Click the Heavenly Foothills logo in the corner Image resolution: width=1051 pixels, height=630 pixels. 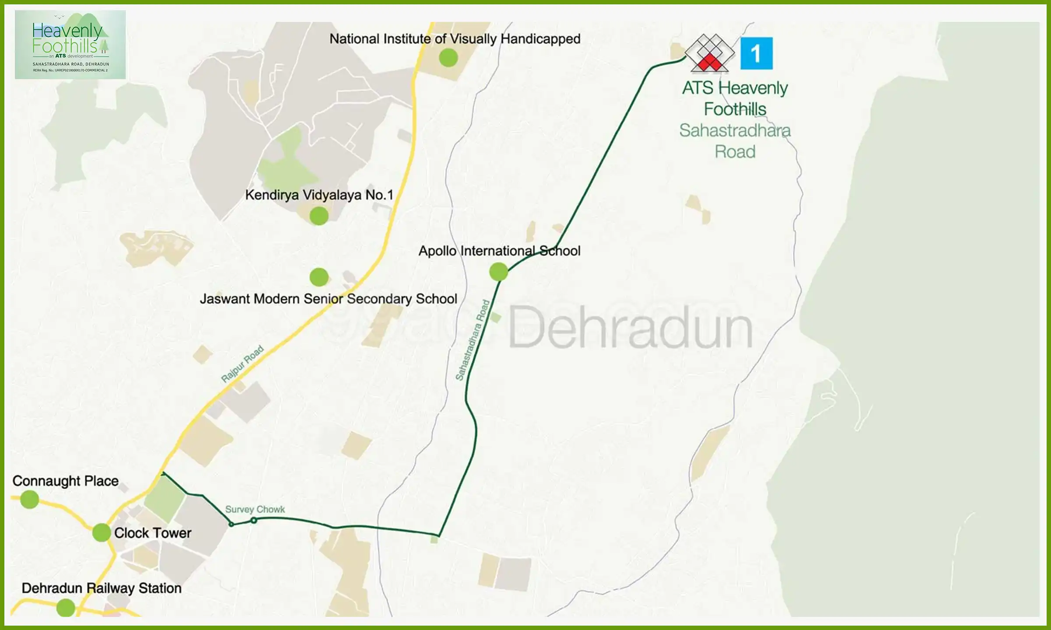[70, 45]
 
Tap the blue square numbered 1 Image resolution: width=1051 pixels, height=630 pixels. [756, 53]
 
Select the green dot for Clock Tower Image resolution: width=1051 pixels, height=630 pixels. [102, 532]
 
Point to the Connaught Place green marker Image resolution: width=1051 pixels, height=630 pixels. [30, 499]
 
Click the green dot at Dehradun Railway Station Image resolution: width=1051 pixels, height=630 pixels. [66, 608]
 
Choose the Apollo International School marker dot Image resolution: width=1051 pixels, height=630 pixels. [498, 272]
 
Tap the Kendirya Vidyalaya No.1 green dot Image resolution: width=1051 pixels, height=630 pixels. [319, 216]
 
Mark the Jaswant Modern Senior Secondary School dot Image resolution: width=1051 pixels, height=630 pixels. [319, 276]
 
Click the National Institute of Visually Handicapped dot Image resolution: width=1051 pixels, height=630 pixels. [448, 58]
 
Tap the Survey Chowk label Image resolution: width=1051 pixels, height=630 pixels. [255, 509]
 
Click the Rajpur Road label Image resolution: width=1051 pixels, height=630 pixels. [242, 364]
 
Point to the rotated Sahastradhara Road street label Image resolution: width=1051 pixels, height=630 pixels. [473, 340]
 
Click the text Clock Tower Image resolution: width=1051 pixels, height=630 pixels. [152, 533]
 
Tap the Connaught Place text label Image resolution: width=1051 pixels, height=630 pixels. [65, 481]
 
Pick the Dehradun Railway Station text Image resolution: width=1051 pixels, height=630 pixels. [101, 588]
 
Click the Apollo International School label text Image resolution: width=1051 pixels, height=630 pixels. [499, 251]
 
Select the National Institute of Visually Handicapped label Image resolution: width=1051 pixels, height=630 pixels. [455, 39]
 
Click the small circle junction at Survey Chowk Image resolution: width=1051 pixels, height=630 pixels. [254, 520]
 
